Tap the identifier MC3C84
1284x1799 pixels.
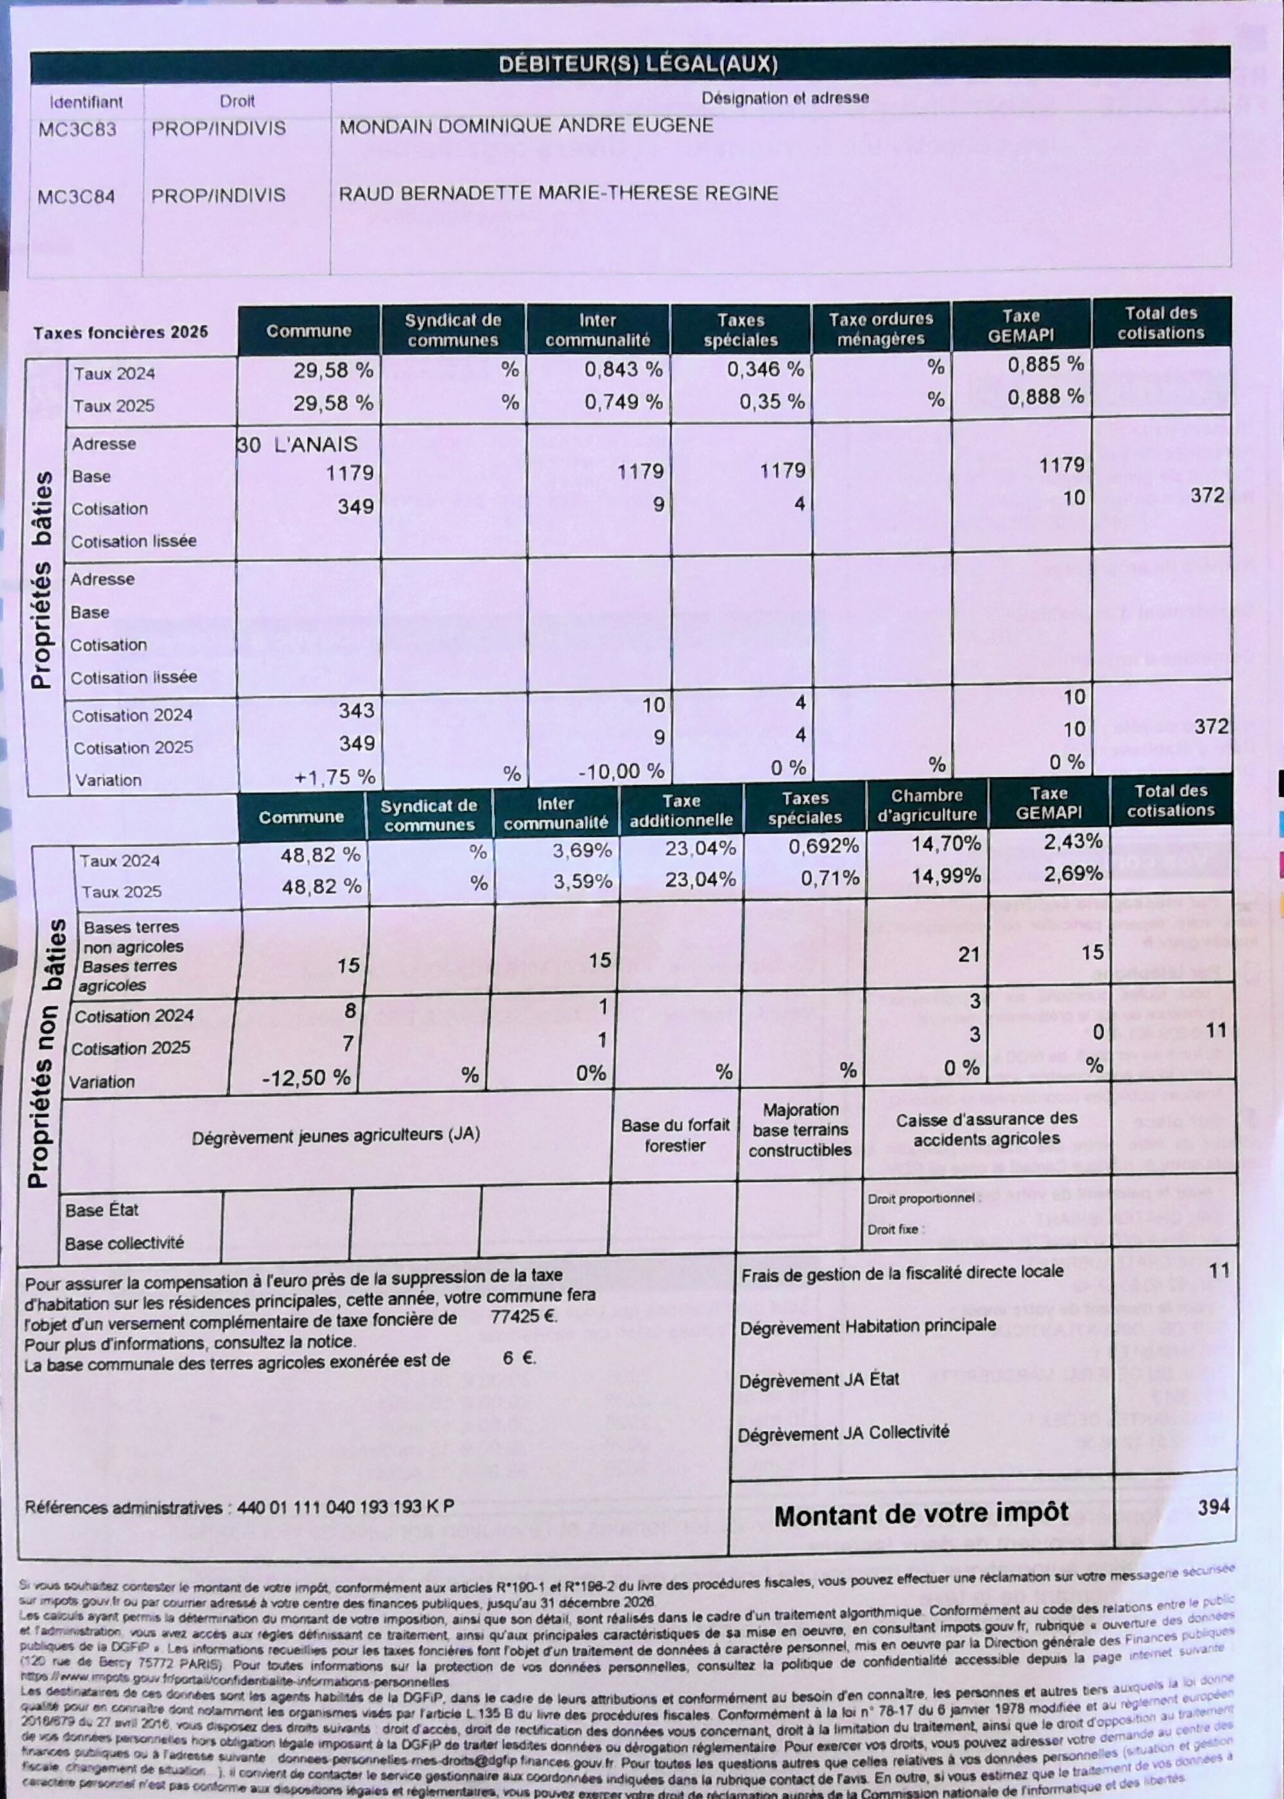point(76,196)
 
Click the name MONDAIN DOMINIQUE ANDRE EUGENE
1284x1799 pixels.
point(526,126)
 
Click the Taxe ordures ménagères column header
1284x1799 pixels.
point(881,329)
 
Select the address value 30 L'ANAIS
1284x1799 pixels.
point(297,444)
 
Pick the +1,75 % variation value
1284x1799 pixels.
point(334,777)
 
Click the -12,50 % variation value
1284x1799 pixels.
point(306,1078)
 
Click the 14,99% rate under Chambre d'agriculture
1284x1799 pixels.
point(946,876)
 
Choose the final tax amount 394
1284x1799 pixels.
point(1213,1506)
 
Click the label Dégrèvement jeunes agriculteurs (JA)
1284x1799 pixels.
point(335,1135)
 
